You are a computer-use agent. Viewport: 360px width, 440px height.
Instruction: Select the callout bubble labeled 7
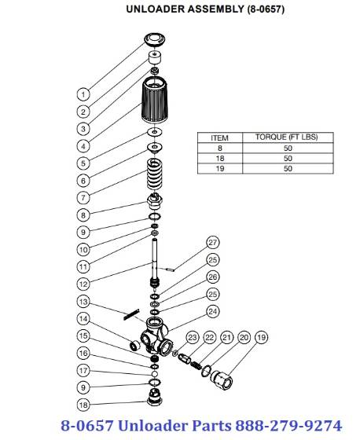[x=84, y=197]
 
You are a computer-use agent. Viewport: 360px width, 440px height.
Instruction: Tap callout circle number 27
[x=212, y=242]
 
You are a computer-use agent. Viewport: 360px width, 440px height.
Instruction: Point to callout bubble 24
[x=212, y=311]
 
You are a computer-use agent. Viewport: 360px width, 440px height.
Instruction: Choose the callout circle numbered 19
[x=261, y=337]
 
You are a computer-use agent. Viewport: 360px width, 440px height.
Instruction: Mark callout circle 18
[x=84, y=405]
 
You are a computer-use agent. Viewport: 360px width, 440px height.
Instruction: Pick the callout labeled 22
[x=209, y=337]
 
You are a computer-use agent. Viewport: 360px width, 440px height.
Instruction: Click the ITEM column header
[x=213, y=137]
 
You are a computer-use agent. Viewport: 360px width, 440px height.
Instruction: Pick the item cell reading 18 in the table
[x=213, y=158]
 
